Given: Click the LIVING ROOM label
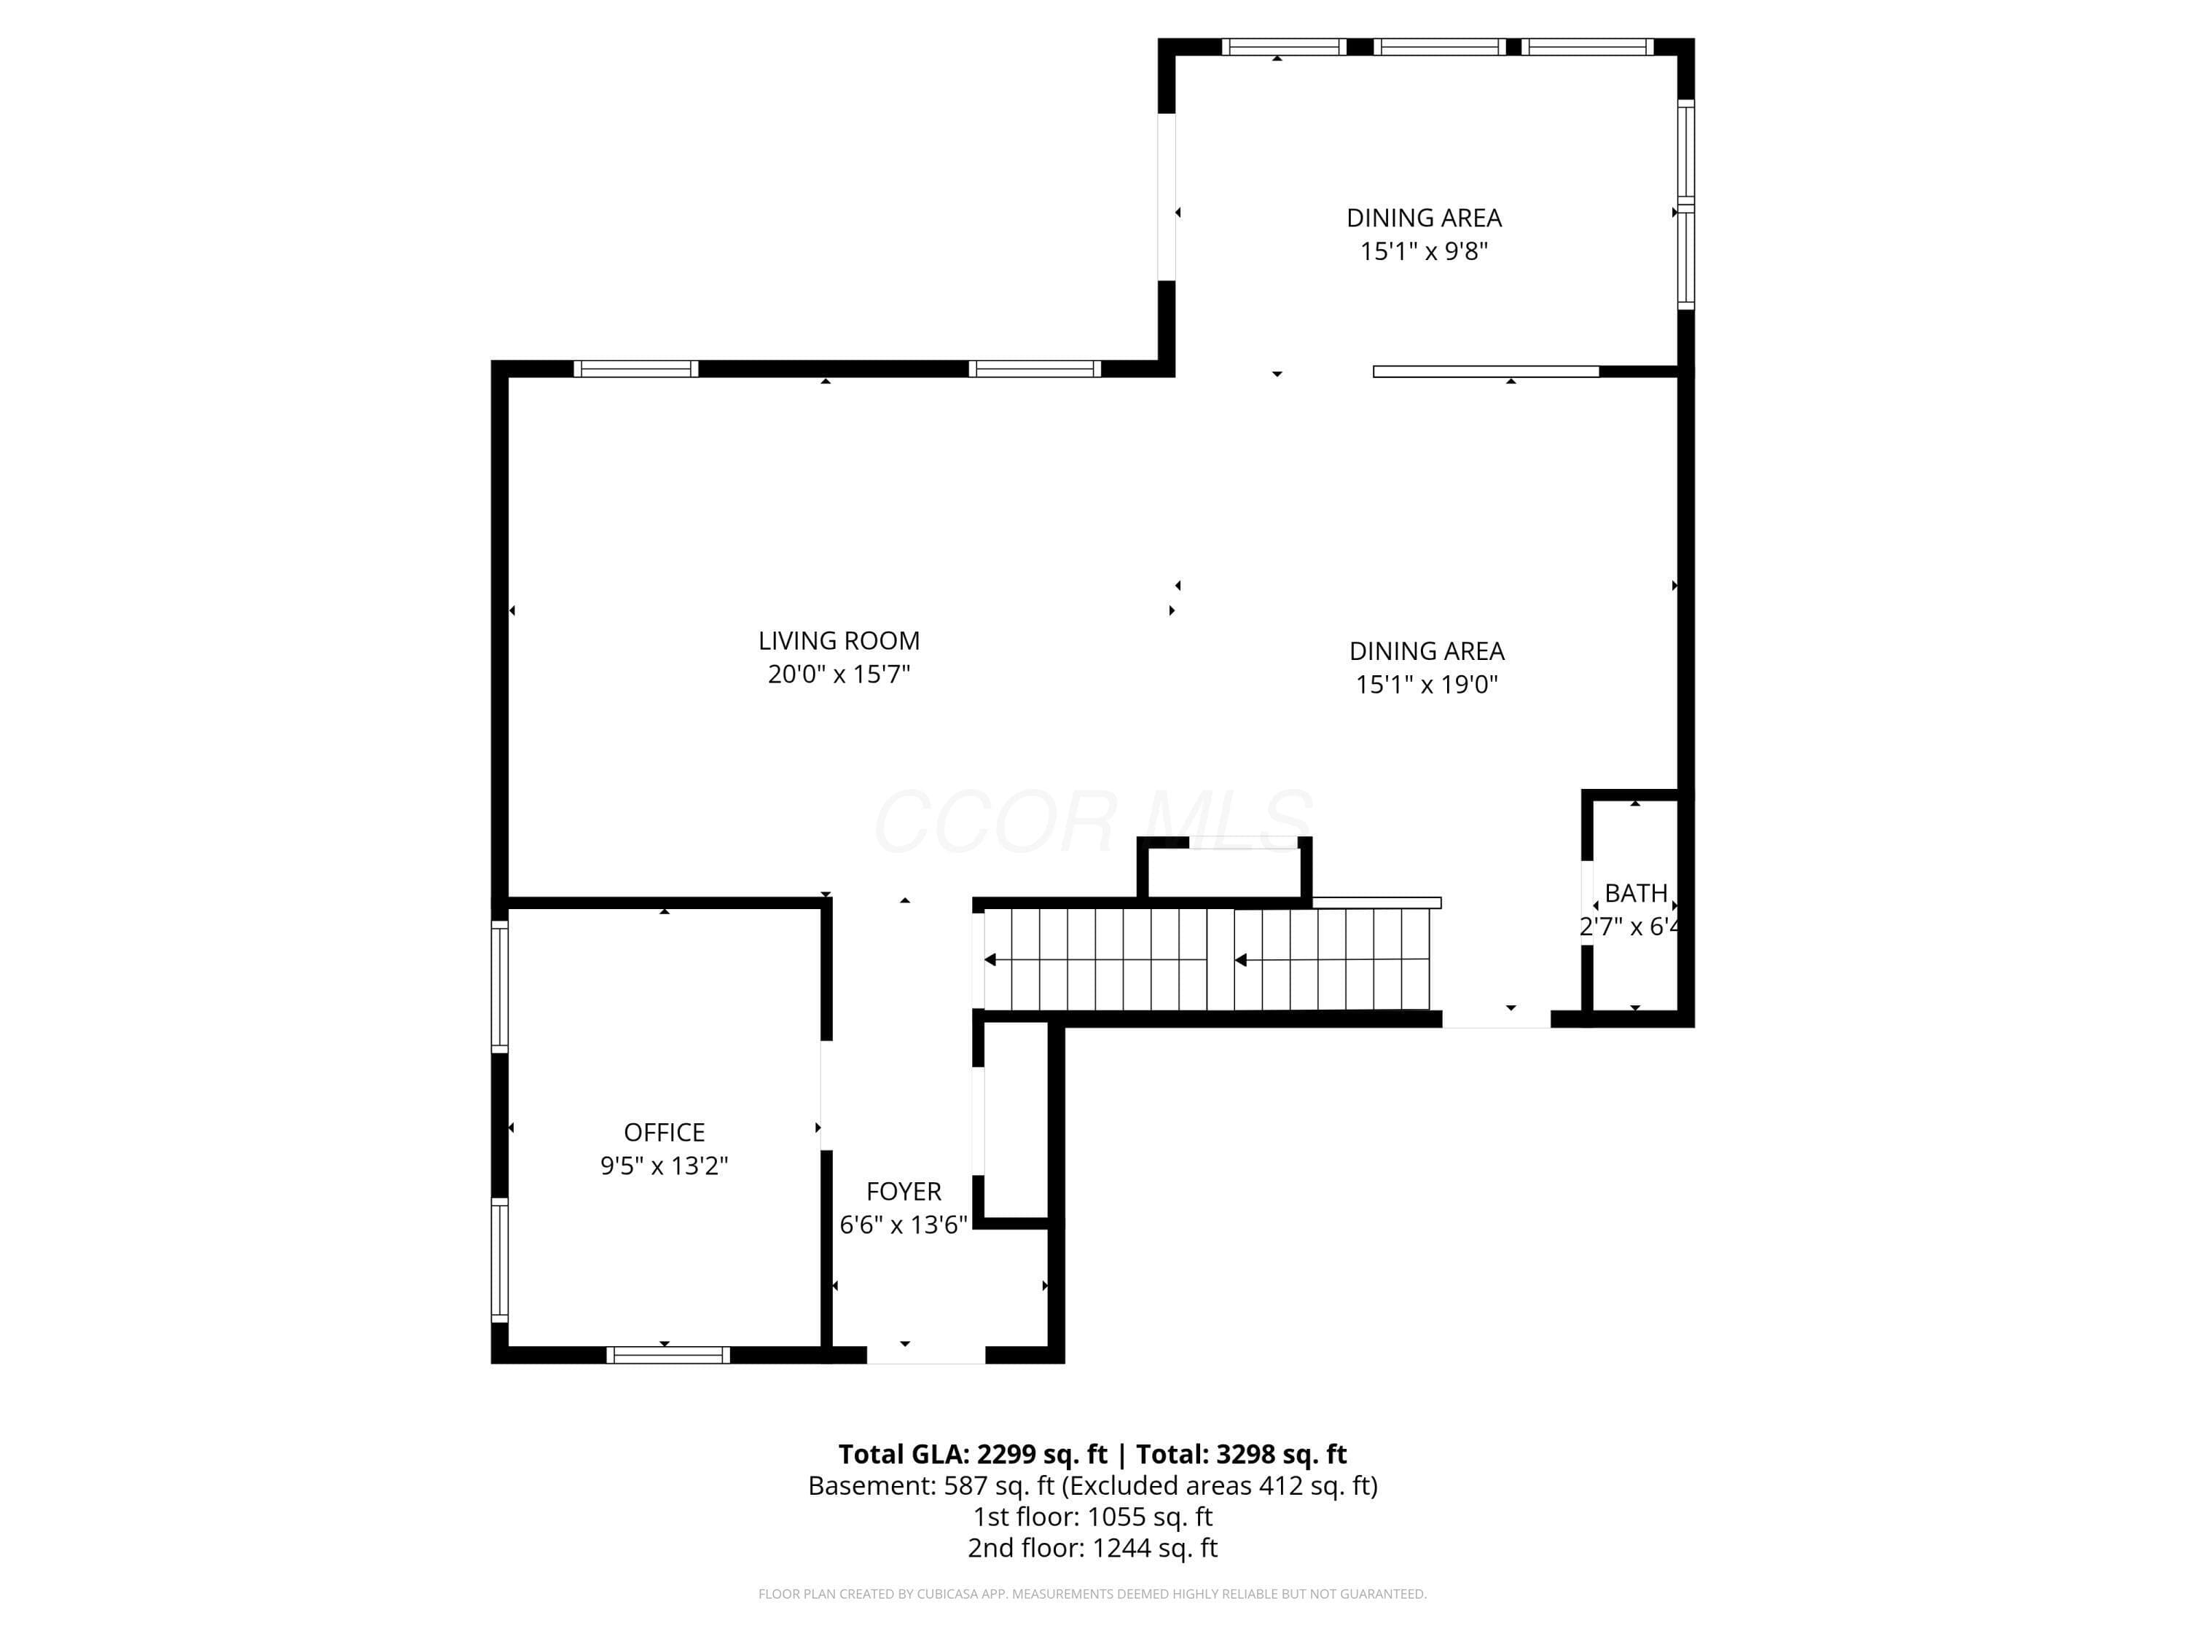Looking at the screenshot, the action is (x=839, y=641).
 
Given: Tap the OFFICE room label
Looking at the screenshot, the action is (x=664, y=1132).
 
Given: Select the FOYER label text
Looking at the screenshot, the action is (x=904, y=1192).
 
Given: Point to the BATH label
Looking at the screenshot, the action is (x=1636, y=893).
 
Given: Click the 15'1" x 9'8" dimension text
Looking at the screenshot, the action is (x=1424, y=251).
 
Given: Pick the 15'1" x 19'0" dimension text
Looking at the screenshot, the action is (x=1427, y=685).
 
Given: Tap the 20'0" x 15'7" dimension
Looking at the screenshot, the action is (x=839, y=675).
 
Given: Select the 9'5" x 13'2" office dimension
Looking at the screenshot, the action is (x=664, y=1166).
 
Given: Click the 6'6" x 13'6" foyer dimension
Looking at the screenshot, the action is (x=904, y=1225).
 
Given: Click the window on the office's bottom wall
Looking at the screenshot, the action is (x=668, y=1354).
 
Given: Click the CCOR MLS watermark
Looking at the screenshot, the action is (x=1093, y=821).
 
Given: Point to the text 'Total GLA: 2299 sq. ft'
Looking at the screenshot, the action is (x=973, y=1454).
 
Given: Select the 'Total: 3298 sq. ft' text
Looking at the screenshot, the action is (x=1241, y=1454).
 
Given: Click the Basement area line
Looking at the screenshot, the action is (x=1093, y=1486).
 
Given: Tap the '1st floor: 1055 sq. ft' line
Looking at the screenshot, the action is (x=1093, y=1517).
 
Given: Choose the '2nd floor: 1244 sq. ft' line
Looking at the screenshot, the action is (x=1093, y=1548).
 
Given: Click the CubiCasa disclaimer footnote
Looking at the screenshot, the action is (x=1093, y=1594).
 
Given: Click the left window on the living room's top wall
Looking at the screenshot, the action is (x=635, y=369).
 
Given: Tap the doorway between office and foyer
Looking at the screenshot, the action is (x=826, y=1096).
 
